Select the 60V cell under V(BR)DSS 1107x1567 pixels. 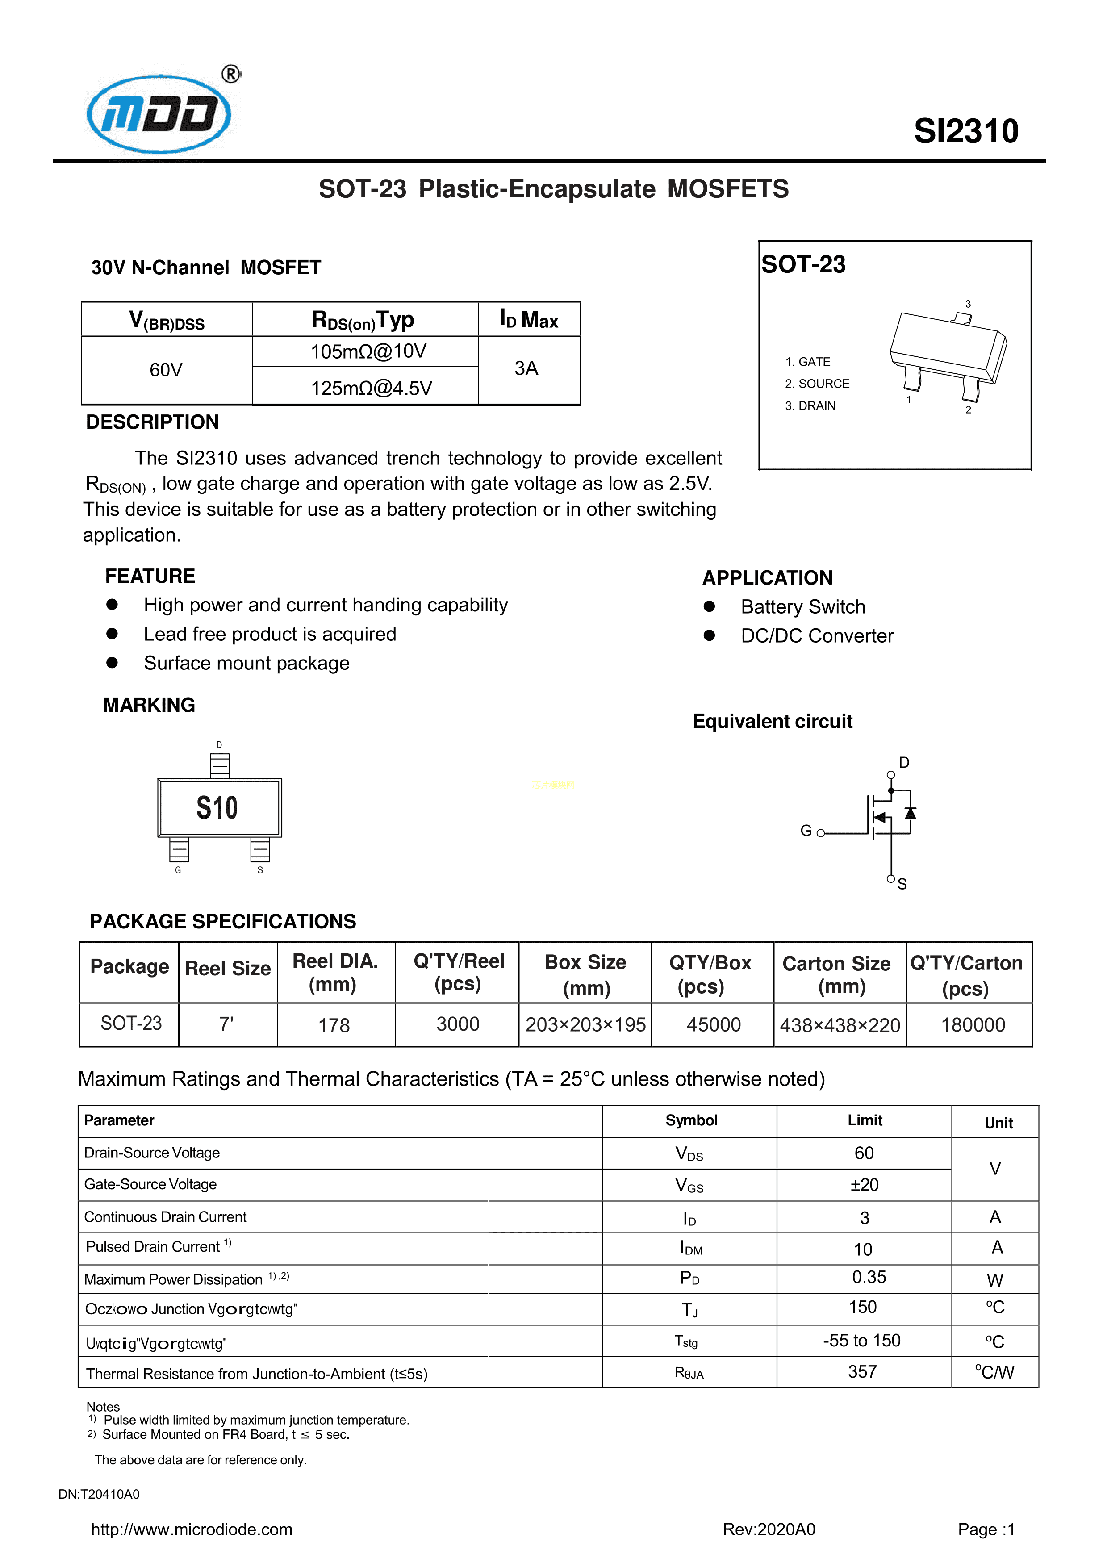(x=166, y=370)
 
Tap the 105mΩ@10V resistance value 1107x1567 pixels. (x=368, y=351)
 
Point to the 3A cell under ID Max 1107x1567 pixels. (x=526, y=368)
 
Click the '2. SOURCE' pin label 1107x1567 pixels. (x=817, y=384)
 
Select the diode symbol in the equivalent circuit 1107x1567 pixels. (x=910, y=813)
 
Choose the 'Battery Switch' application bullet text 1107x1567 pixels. (x=802, y=607)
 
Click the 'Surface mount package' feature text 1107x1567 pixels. (x=246, y=664)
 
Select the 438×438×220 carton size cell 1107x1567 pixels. (x=840, y=1025)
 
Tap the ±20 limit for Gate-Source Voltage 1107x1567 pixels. (x=864, y=1185)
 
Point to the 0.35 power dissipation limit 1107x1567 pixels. (x=869, y=1277)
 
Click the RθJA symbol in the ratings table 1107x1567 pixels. (x=689, y=1372)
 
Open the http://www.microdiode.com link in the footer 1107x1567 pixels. (x=192, y=1529)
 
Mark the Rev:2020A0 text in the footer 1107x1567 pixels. (x=769, y=1529)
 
